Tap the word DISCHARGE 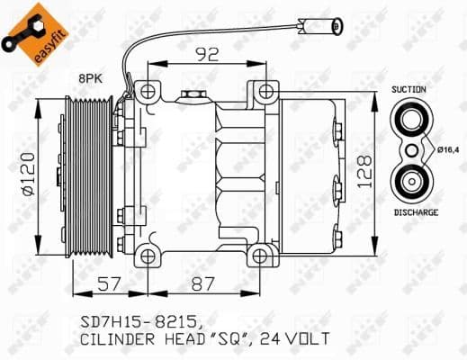(415, 212)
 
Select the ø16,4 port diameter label (447, 150)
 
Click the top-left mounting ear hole (147, 90)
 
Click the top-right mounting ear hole (265, 90)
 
